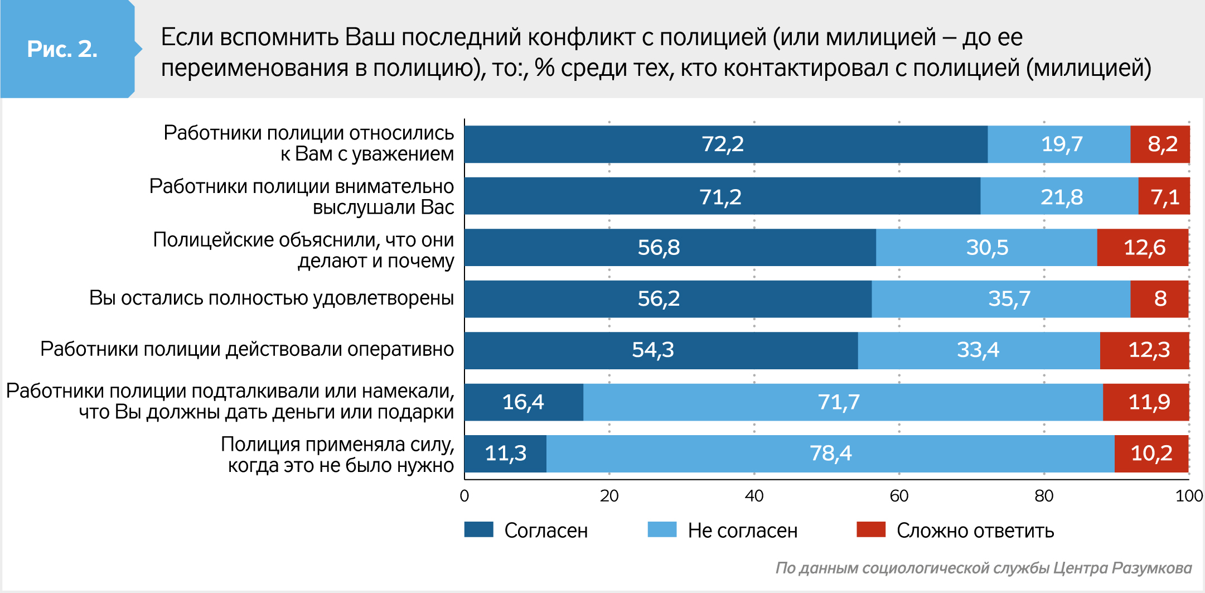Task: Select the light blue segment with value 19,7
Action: click(x=1058, y=144)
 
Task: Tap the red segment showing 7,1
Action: click(x=1164, y=196)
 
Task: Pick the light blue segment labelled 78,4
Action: click(x=830, y=453)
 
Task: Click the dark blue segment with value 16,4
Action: click(x=523, y=402)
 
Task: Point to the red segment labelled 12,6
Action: click(x=1143, y=247)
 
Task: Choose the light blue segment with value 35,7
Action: click(x=1001, y=298)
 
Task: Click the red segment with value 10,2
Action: click(x=1151, y=453)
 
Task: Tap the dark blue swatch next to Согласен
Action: click(x=478, y=529)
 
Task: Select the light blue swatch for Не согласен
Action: click(x=662, y=529)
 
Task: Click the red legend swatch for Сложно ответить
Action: click(x=871, y=529)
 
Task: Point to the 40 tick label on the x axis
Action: click(x=754, y=496)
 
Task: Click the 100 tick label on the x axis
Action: click(x=1189, y=496)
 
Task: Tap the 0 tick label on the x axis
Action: click(x=464, y=496)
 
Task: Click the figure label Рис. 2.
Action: click(x=62, y=49)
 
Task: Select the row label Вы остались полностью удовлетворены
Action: click(x=272, y=298)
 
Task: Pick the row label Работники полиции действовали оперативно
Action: click(x=247, y=349)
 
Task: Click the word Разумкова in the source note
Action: click(x=1151, y=568)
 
